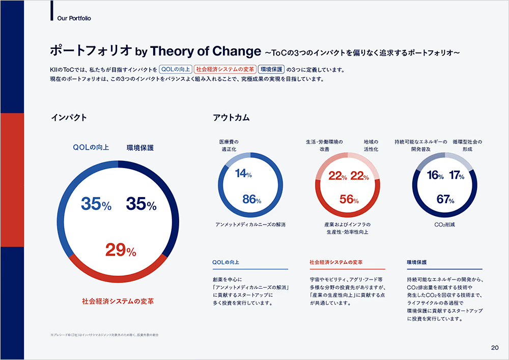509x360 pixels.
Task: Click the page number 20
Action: pos(495,348)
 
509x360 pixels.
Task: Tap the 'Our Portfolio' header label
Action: pos(75,18)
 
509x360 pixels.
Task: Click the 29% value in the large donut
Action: pos(121,251)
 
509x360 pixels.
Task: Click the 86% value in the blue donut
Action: pos(251,200)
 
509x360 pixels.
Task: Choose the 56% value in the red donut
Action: pos(349,200)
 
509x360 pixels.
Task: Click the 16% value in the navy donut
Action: pos(436,176)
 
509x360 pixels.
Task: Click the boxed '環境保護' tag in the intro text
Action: pos(271,69)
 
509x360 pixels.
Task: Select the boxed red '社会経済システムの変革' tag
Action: pos(224,69)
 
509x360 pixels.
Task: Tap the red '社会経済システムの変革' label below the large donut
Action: pos(118,301)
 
